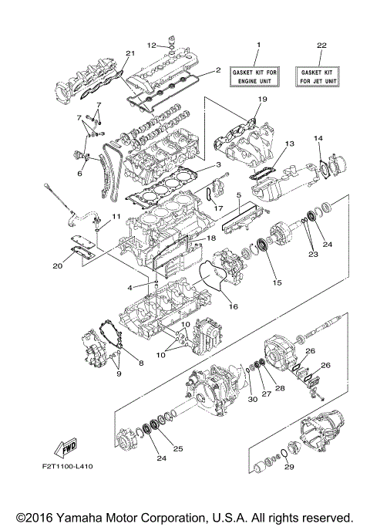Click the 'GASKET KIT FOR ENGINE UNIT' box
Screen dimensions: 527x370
pos(258,75)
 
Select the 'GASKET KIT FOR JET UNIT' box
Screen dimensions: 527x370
pos(322,75)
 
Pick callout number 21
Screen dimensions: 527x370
pos(129,52)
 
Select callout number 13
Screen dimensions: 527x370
pos(290,144)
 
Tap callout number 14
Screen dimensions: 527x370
pos(317,138)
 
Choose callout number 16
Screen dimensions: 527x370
pos(232,306)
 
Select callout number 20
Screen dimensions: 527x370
pos(59,266)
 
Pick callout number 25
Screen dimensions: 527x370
pos(178,449)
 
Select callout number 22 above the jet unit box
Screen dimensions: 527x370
pos(322,44)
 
